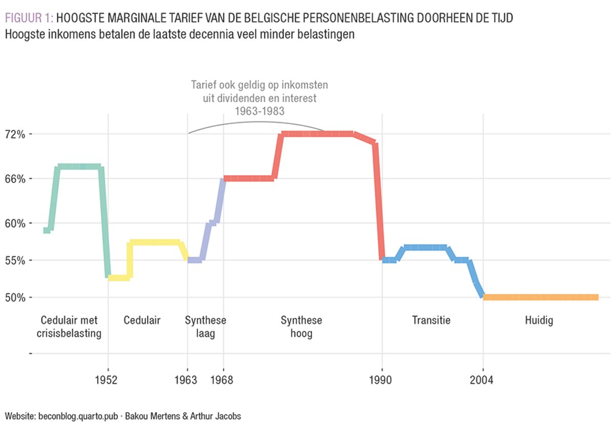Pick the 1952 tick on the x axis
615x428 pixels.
tap(108, 381)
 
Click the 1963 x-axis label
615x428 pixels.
tap(187, 381)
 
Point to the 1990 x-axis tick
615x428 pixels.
tap(381, 381)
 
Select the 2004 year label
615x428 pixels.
tap(483, 381)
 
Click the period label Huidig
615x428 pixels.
tap(539, 321)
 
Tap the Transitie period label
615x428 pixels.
tap(432, 321)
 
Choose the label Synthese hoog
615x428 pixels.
tap(301, 327)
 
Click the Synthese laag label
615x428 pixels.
tap(206, 327)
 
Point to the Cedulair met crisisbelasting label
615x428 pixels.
tap(69, 327)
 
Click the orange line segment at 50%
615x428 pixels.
tap(541, 297)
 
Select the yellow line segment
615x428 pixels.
tap(154, 242)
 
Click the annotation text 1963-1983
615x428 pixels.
tap(259, 110)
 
